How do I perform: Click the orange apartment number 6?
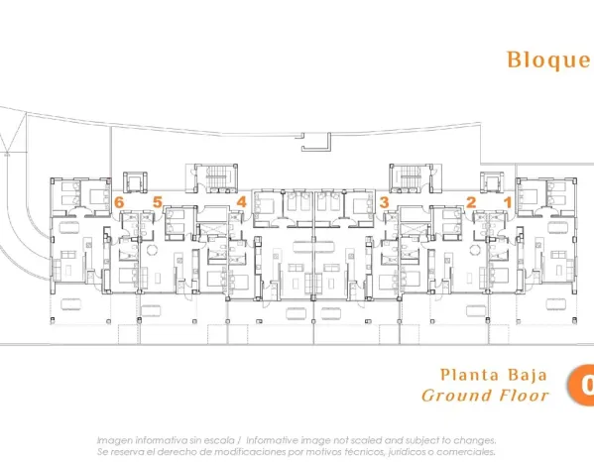tap(119, 202)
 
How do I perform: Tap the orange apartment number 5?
tap(157, 202)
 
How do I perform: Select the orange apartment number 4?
tap(241, 202)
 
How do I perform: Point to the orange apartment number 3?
tap(383, 202)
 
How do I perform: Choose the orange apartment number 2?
tap(471, 202)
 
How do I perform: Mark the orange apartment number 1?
tap(509, 202)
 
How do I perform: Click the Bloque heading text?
tap(548, 59)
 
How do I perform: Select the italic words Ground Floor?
tap(485, 396)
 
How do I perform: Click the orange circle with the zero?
tap(583, 386)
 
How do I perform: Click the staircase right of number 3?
tap(410, 179)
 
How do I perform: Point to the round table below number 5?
tap(152, 250)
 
